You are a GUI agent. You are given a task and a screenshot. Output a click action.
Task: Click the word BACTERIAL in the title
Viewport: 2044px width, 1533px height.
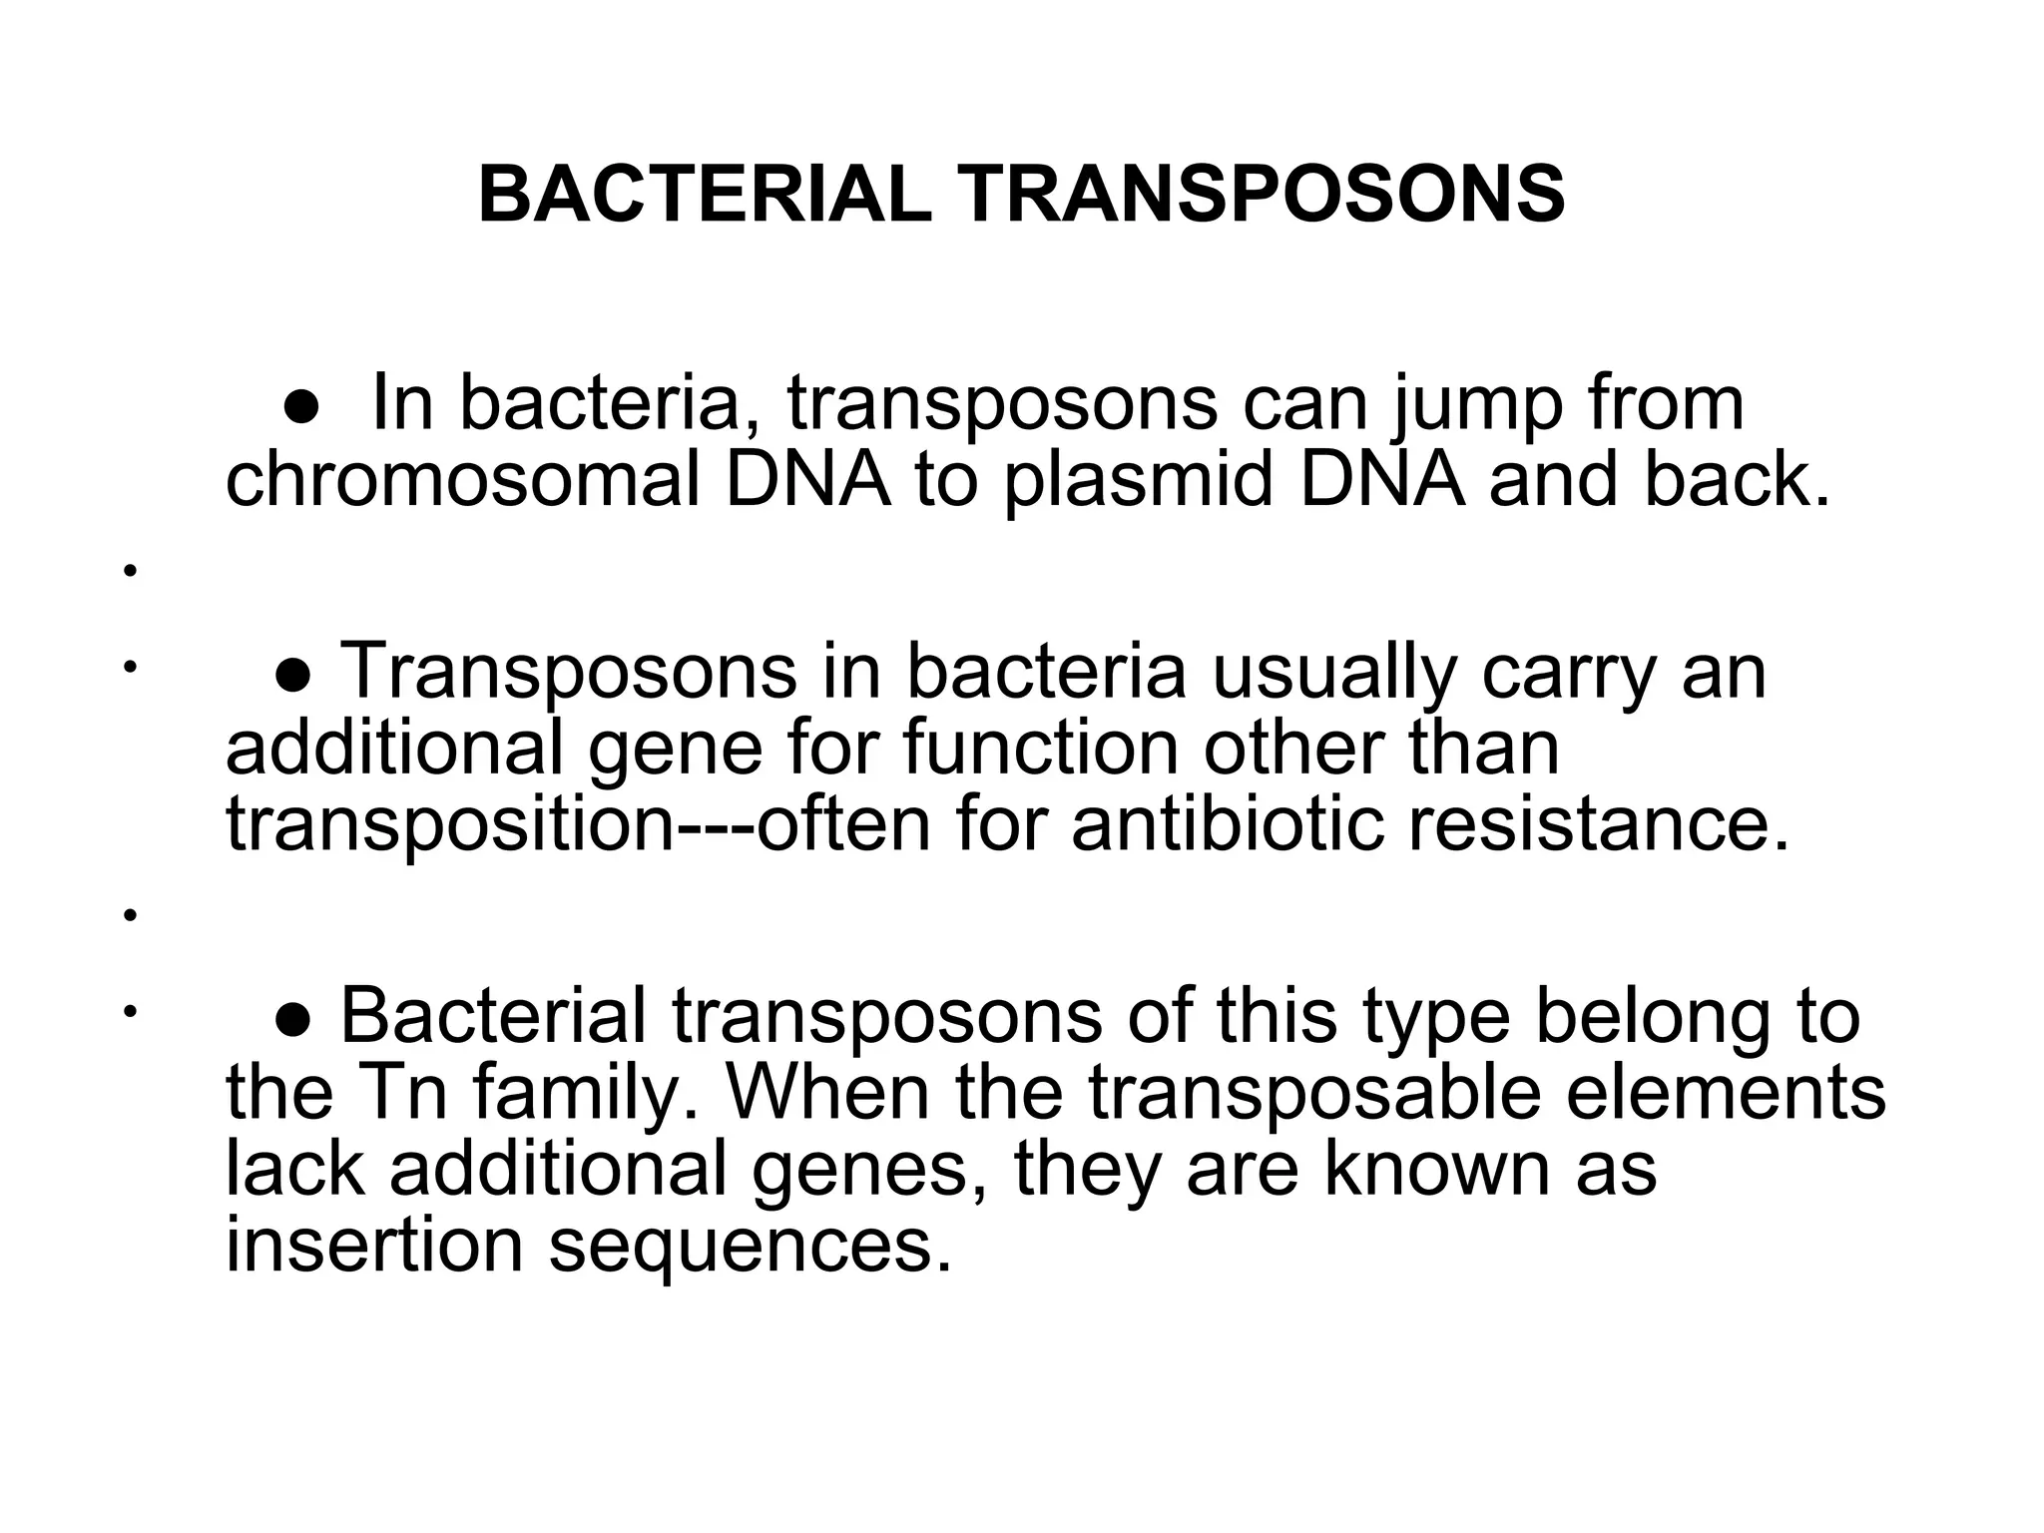pyautogui.click(x=705, y=195)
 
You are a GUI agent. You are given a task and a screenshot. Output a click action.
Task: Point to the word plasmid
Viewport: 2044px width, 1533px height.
pyautogui.click(x=1139, y=481)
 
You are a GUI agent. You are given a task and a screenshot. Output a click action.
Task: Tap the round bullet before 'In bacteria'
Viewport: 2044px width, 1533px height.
pyautogui.click(x=300, y=406)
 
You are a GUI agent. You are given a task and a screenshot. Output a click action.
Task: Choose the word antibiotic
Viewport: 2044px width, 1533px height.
pyautogui.click(x=1229, y=825)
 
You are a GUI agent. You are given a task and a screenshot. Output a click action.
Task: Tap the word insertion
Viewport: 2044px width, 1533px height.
pyautogui.click(x=374, y=1245)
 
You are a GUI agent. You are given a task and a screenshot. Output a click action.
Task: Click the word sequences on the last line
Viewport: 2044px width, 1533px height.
pyautogui.click(x=749, y=1245)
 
